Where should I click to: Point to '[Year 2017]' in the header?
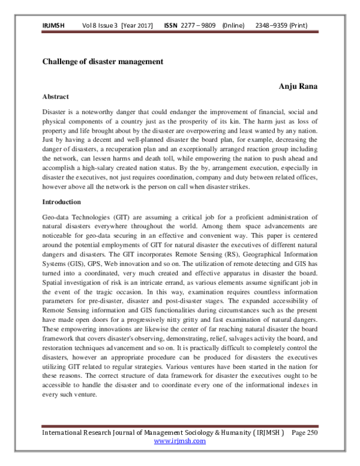pyautogui.click(x=137, y=26)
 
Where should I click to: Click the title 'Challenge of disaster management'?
pyautogui.click(x=103, y=61)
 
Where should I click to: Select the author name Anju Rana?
pyautogui.click(x=298, y=86)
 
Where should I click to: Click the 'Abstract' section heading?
pyautogui.click(x=56, y=97)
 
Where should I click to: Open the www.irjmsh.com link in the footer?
pyautogui.click(x=180, y=440)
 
